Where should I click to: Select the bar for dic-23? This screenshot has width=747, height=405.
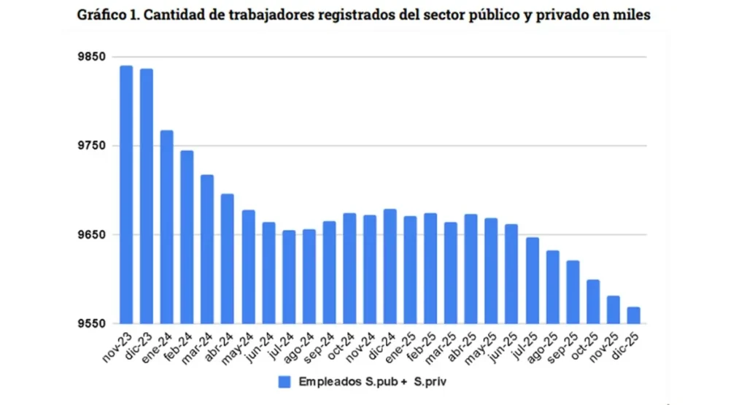click(147, 196)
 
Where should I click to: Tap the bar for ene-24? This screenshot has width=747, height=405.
click(167, 227)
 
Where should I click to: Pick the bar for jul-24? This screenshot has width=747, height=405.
click(289, 277)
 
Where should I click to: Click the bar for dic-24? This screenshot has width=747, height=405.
click(390, 266)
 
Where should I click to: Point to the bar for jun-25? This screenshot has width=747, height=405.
click(511, 274)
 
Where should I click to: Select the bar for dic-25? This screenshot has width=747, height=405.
click(633, 315)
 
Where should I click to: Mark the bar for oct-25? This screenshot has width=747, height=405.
click(593, 301)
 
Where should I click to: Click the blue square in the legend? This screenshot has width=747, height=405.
click(285, 381)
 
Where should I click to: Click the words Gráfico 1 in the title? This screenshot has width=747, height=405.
click(107, 15)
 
